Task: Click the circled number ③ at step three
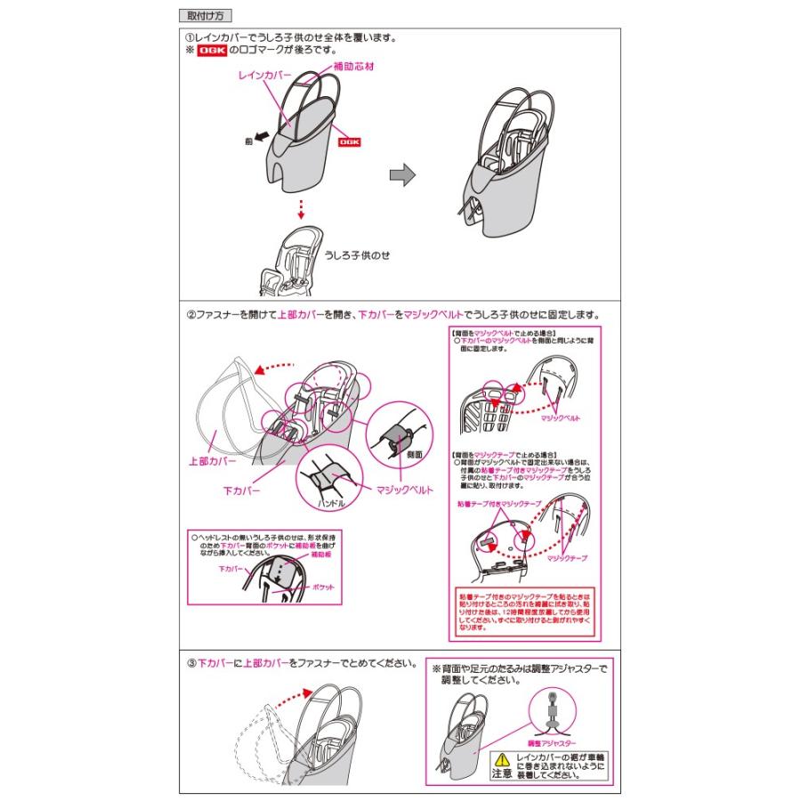point(190,663)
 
